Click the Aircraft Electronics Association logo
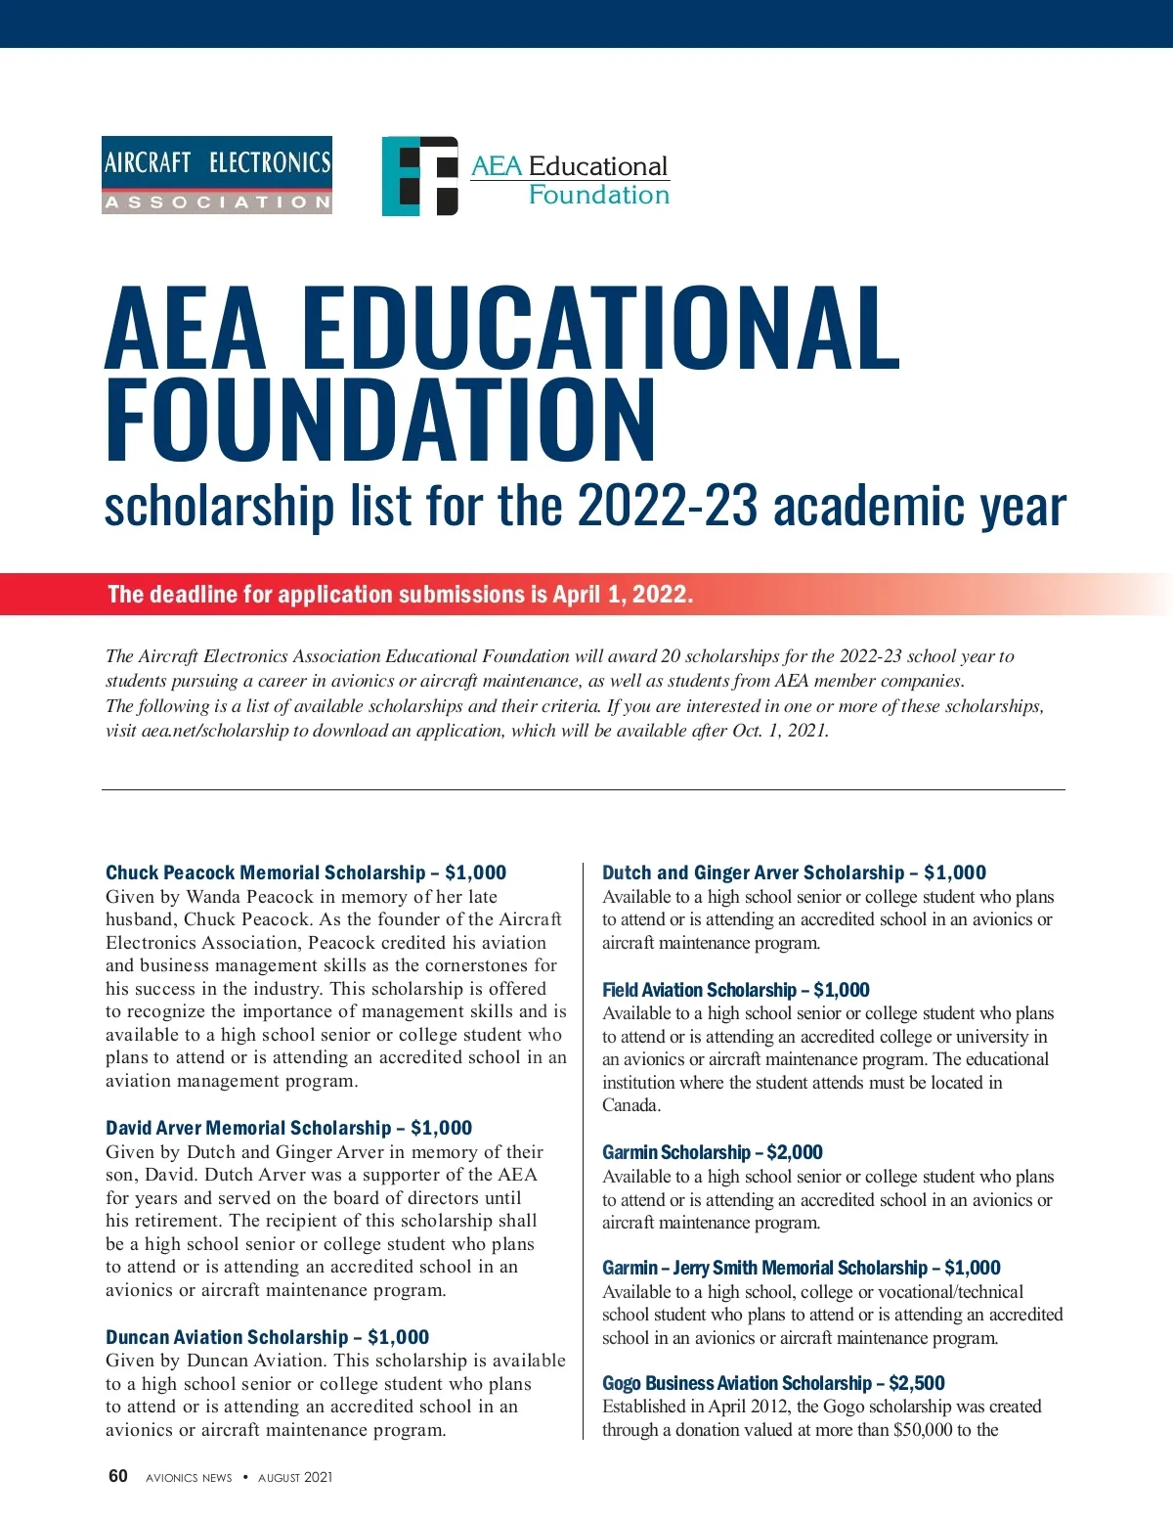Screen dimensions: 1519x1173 [x=217, y=175]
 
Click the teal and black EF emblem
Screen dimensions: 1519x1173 [x=420, y=176]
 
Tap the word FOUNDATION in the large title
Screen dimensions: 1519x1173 [x=381, y=421]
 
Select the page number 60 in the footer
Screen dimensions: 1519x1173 [x=117, y=1476]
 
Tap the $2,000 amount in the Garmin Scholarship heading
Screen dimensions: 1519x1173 [x=795, y=1152]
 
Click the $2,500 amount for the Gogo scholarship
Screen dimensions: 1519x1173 [x=917, y=1383]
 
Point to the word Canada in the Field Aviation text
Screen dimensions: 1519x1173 [x=630, y=1105]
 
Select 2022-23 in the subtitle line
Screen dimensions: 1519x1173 [x=668, y=507]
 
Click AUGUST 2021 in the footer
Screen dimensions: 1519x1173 [x=295, y=1477]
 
